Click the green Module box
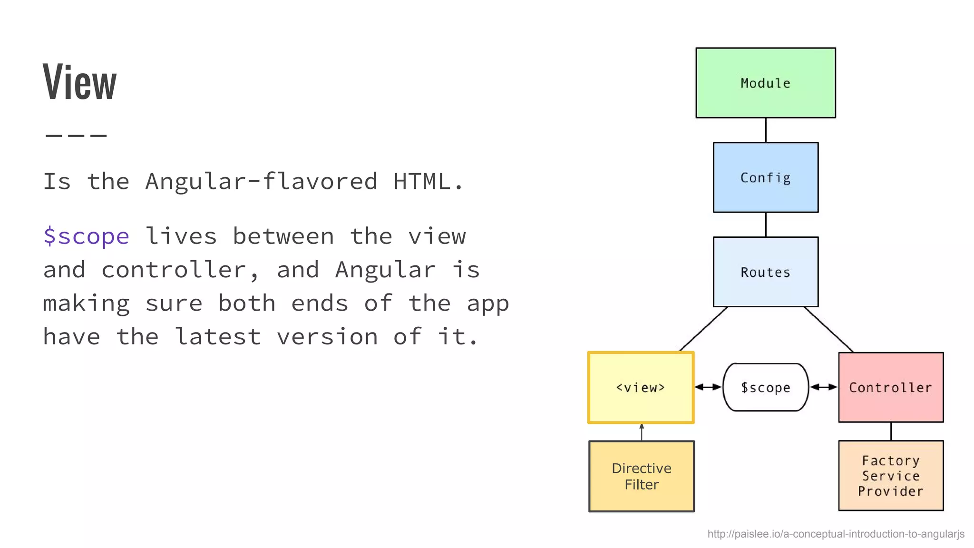click(x=765, y=83)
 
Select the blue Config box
click(x=765, y=177)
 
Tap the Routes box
click(x=765, y=272)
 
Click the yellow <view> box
click(x=641, y=387)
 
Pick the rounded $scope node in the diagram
click(x=765, y=387)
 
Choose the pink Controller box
click(x=890, y=387)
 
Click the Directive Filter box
click(x=641, y=476)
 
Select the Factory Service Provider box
click(x=890, y=476)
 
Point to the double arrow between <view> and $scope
click(x=708, y=387)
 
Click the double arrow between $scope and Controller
click(x=823, y=387)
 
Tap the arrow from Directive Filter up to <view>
click(x=642, y=432)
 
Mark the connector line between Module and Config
click(x=766, y=130)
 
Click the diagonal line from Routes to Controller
click(x=828, y=329)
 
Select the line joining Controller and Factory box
click(x=891, y=431)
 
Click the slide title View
click(x=79, y=82)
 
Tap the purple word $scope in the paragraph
click(x=86, y=236)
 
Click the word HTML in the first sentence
click(x=421, y=181)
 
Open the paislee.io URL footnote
click(x=836, y=534)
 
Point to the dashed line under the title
click(x=76, y=136)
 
